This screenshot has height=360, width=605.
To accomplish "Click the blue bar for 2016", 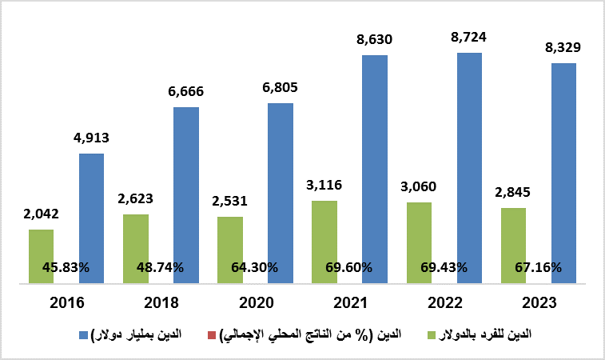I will click(91, 218).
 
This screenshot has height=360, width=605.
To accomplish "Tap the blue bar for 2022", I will click(469, 168).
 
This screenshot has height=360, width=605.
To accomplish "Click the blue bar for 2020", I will click(281, 192).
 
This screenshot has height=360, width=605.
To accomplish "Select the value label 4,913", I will click(91, 138).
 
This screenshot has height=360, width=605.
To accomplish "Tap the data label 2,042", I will click(41, 214).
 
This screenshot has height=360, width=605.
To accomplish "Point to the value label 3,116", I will click(324, 185).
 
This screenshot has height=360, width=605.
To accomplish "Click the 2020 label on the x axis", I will click(256, 303).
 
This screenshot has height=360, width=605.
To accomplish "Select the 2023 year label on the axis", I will click(538, 303).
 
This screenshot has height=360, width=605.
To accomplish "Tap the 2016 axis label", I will click(66, 303).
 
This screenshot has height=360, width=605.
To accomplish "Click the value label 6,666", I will click(185, 91).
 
